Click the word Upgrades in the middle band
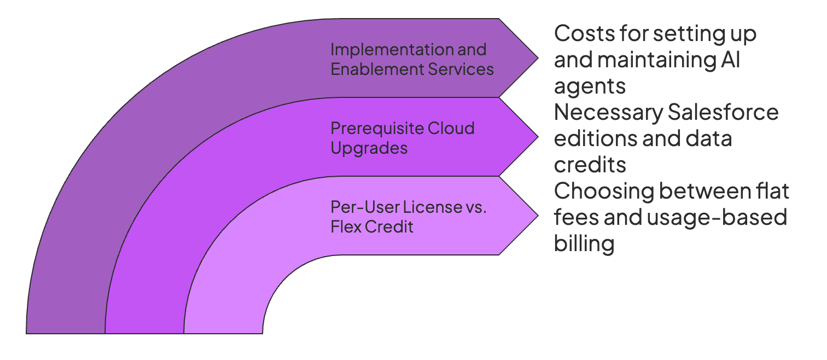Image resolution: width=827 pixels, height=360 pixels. click(369, 148)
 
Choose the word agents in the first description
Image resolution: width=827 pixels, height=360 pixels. click(590, 86)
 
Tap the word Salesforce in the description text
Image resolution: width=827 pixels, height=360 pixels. click(724, 113)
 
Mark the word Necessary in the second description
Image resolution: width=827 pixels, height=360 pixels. click(607, 113)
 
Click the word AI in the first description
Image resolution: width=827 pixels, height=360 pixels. click(730, 60)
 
